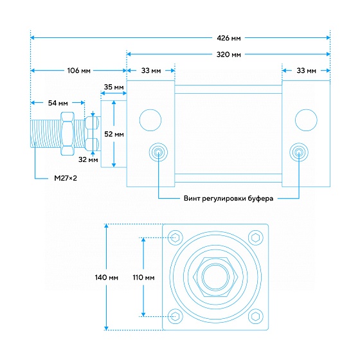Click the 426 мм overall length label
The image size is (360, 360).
click(229, 38)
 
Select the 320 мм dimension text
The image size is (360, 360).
click(229, 55)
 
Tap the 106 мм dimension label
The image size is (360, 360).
click(78, 71)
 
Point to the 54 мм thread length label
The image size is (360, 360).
click(58, 103)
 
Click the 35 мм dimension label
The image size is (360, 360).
click(114, 87)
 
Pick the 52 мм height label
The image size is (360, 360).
click(114, 134)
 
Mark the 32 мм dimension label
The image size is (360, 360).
click(88, 159)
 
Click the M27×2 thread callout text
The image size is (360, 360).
click(66, 178)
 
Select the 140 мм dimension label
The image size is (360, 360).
click(107, 278)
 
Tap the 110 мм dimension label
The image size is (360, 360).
click(143, 278)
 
